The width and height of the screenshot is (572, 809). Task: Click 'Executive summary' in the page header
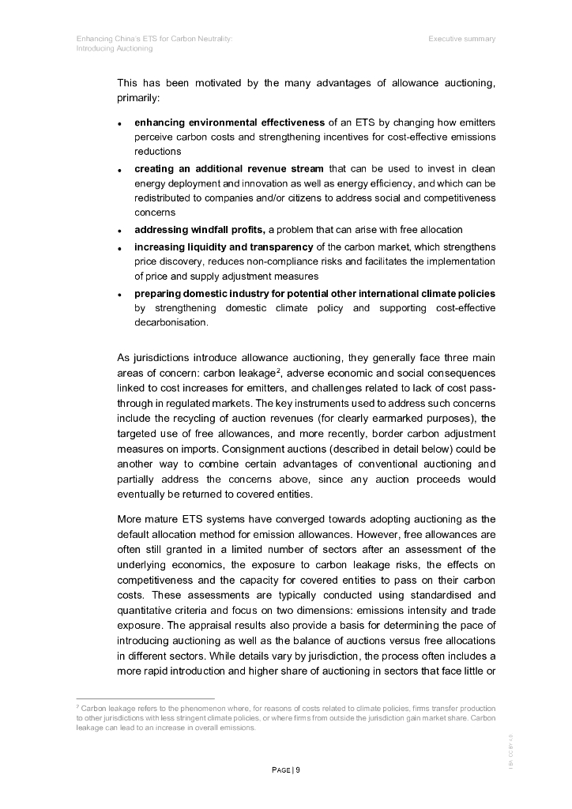pyautogui.click(x=462, y=39)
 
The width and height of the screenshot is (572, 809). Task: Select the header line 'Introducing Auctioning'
pyautogui.click(x=115, y=48)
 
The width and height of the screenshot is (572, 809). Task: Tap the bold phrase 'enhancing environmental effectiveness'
pyautogui.click(x=229, y=122)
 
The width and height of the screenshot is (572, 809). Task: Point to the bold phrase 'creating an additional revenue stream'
pyautogui.click(x=228, y=168)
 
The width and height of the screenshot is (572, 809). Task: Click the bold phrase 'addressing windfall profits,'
pyautogui.click(x=200, y=229)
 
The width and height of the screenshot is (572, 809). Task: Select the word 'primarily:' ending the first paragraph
pyautogui.click(x=138, y=99)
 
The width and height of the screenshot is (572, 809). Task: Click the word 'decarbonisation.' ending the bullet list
pyautogui.click(x=171, y=322)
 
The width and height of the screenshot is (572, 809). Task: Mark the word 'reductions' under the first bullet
pyautogui.click(x=158, y=151)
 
